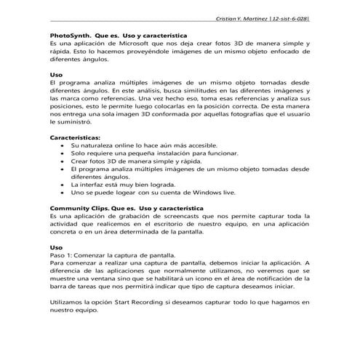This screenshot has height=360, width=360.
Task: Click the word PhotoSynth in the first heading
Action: click(71, 35)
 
